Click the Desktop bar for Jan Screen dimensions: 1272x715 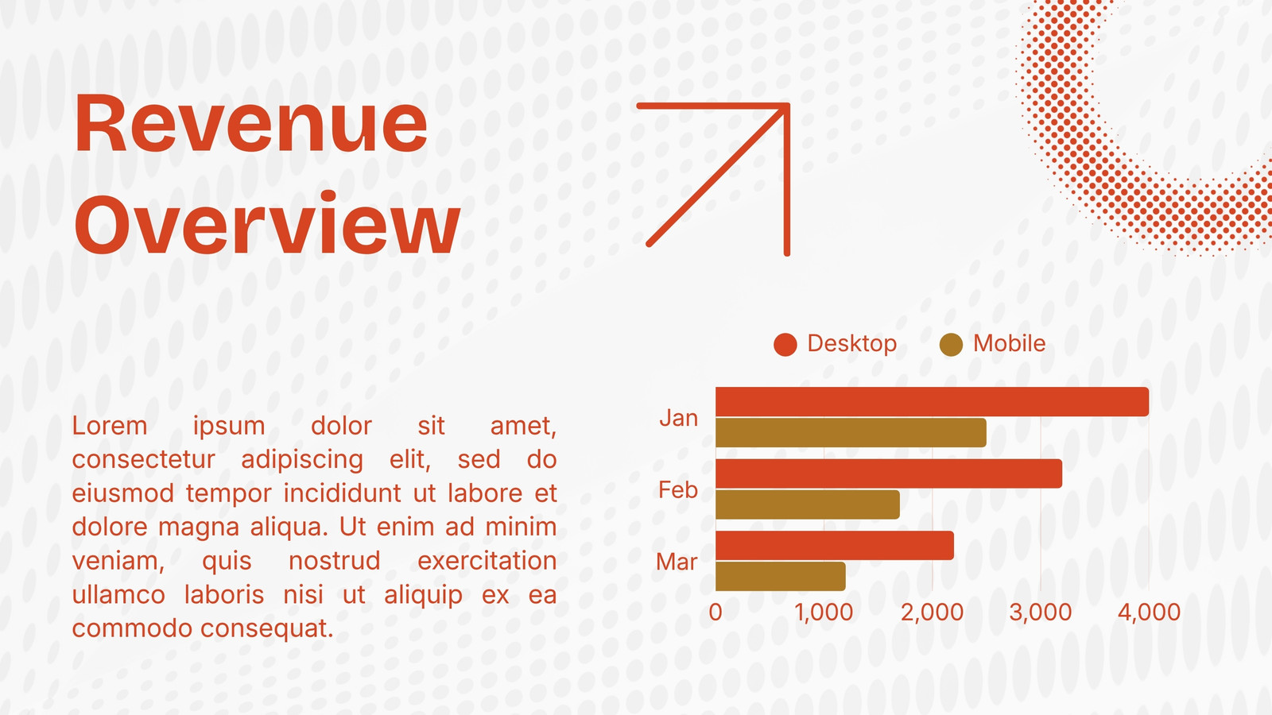(932, 402)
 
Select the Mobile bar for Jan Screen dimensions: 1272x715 (851, 432)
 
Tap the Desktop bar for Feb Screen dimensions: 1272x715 (889, 473)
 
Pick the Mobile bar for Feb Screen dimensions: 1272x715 (808, 504)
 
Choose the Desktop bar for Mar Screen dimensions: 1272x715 (835, 546)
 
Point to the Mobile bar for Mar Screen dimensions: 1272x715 (780, 577)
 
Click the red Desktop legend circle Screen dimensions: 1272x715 (785, 345)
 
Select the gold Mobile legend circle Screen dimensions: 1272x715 (951, 345)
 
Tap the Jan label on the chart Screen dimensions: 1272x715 (679, 418)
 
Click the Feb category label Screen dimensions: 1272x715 (678, 489)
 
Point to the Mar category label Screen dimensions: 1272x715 (677, 562)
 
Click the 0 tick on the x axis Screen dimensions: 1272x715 (715, 613)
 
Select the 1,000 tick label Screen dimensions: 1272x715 (824, 613)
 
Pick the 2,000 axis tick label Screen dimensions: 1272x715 (932, 613)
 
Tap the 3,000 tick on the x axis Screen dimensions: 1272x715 (1041, 613)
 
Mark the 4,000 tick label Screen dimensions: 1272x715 (1149, 613)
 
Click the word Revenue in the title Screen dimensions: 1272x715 (250, 124)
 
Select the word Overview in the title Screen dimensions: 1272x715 (267, 223)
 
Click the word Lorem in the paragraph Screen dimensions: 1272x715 (110, 426)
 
